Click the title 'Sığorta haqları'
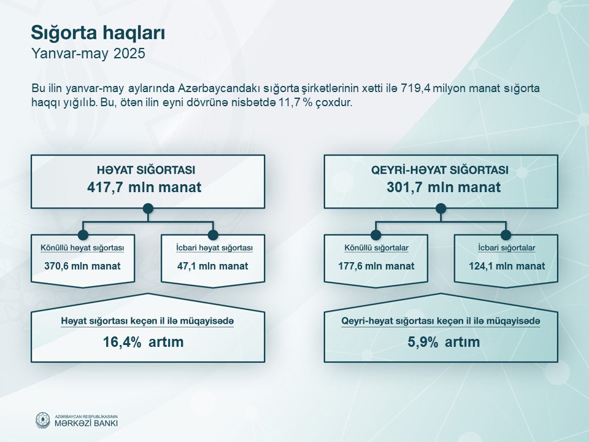pyautogui.click(x=98, y=33)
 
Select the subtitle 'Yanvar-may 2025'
pyautogui.click(x=88, y=54)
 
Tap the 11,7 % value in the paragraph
pyautogui.click(x=295, y=103)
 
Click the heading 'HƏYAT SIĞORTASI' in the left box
pyautogui.click(x=146, y=170)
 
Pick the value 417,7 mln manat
pyautogui.click(x=144, y=187)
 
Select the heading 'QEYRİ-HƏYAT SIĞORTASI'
pyautogui.click(x=440, y=170)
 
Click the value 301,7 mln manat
pyautogui.click(x=444, y=187)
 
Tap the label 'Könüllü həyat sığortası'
pyautogui.click(x=82, y=248)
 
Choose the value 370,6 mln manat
pyautogui.click(x=82, y=266)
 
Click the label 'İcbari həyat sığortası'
pyautogui.click(x=214, y=248)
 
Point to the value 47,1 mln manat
pyautogui.click(x=213, y=266)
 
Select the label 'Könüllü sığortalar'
pyautogui.click(x=376, y=248)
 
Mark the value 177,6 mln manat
pyautogui.click(x=376, y=266)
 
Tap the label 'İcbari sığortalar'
pyautogui.click(x=507, y=248)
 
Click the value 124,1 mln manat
pyautogui.click(x=507, y=266)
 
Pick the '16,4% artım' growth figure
pyautogui.click(x=144, y=342)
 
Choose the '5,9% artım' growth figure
pyautogui.click(x=444, y=342)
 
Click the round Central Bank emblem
pyautogui.click(x=42, y=420)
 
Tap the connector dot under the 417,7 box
pyautogui.click(x=148, y=209)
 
